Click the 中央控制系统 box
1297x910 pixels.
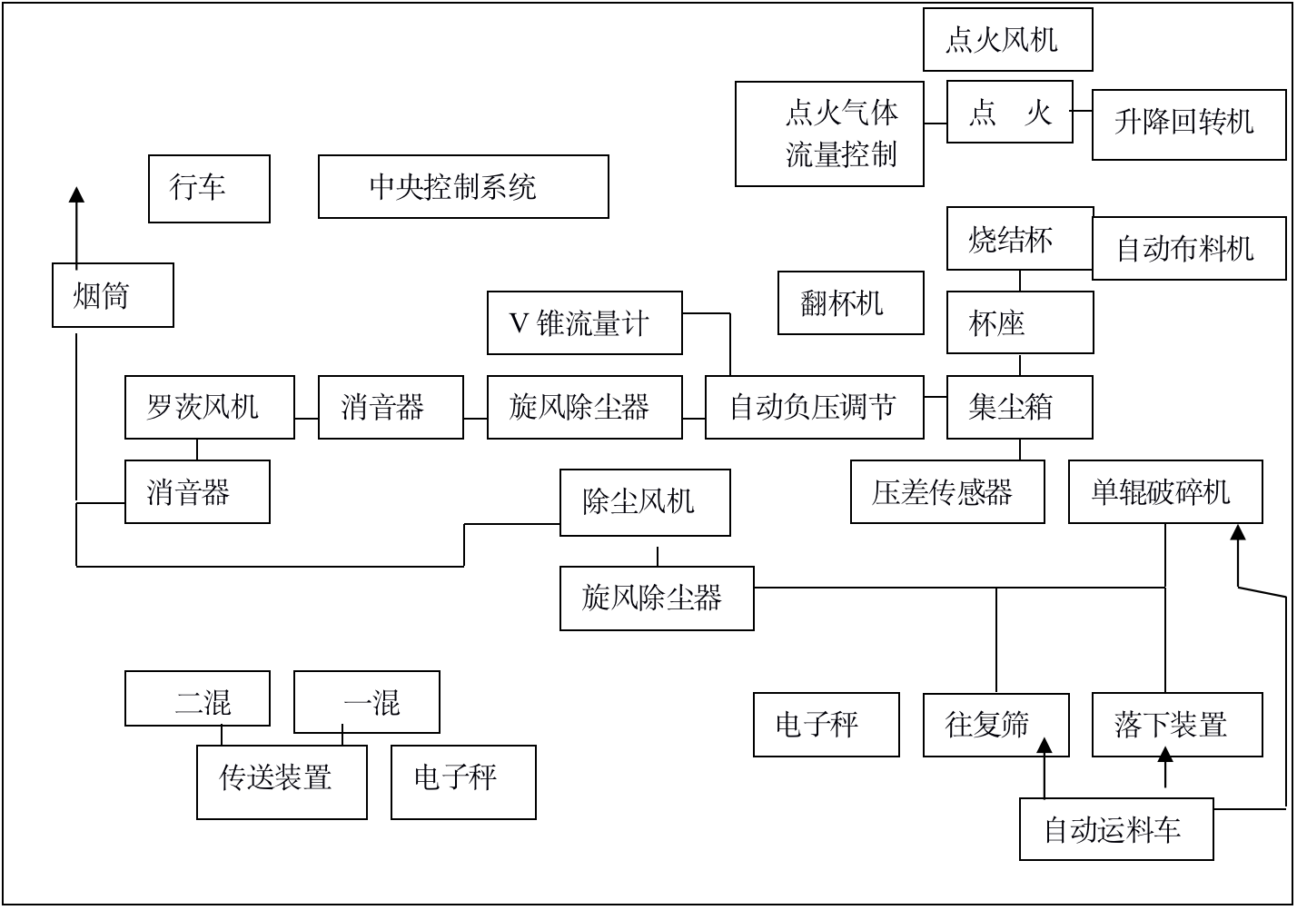coord(463,186)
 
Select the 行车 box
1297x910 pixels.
coord(209,188)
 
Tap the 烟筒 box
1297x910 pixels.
coord(113,295)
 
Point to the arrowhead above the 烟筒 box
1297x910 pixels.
coord(76,194)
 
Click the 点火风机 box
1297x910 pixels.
coord(1007,40)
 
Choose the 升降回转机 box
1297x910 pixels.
coord(1188,124)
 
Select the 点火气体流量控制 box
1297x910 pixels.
coord(829,134)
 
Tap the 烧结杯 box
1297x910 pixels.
coord(1019,239)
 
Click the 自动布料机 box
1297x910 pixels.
coord(1188,248)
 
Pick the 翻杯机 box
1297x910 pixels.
coord(850,302)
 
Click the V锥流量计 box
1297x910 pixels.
coord(584,322)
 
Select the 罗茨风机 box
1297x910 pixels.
coord(209,407)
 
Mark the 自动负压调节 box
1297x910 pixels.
coord(814,407)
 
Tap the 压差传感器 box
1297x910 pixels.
coord(946,491)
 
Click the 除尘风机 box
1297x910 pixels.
coord(644,501)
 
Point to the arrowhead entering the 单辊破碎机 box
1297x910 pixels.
coord(1237,532)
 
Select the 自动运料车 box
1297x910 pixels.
coord(1115,828)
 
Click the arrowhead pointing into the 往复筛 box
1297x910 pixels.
coord(1045,747)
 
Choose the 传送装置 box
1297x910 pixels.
coord(282,781)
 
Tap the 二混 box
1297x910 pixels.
coord(197,698)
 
